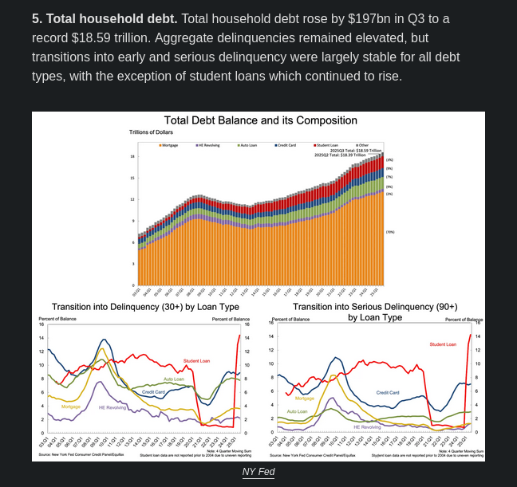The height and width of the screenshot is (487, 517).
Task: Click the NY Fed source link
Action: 258,473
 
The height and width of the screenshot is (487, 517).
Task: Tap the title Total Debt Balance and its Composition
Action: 261,120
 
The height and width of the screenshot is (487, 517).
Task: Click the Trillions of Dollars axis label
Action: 152,132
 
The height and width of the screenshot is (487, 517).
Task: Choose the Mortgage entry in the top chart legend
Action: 170,145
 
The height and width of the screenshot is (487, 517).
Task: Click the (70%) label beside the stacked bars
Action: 390,232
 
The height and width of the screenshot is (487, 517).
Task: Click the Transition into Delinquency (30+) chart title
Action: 145,307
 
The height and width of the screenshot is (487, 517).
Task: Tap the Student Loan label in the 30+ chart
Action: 197,361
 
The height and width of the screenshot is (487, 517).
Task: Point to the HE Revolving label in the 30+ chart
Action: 113,407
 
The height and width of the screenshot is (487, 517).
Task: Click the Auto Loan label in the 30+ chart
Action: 173,379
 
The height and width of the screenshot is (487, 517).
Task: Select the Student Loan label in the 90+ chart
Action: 443,344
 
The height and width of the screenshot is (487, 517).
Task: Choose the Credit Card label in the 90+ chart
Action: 388,393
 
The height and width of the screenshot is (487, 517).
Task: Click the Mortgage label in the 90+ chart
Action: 305,398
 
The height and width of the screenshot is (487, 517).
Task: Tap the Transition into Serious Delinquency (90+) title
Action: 375,312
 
